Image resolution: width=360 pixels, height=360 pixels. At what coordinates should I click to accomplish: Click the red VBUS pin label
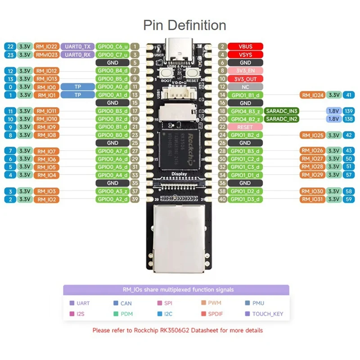[x=245, y=46]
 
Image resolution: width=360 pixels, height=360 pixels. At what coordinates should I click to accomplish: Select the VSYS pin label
[x=245, y=54]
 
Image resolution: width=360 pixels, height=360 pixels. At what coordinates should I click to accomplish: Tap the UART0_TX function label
[x=77, y=46]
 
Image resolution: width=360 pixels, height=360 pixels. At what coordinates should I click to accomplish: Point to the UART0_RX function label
[x=77, y=54]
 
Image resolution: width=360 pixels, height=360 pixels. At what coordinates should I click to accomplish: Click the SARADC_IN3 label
[x=282, y=111]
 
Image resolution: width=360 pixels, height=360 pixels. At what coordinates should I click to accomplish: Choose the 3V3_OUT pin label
[x=245, y=79]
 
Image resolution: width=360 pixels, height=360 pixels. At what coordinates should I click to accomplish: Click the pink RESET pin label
[x=245, y=127]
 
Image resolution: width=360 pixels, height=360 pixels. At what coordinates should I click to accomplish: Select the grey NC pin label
[x=245, y=86]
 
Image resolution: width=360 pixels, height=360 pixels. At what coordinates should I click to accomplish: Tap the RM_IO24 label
[x=312, y=95]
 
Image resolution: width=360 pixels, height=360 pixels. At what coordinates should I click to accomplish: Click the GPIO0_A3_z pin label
[x=113, y=191]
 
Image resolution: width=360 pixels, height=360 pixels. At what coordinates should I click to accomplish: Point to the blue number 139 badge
[x=348, y=111]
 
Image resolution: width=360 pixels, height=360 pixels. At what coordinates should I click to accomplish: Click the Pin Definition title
[x=184, y=25]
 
